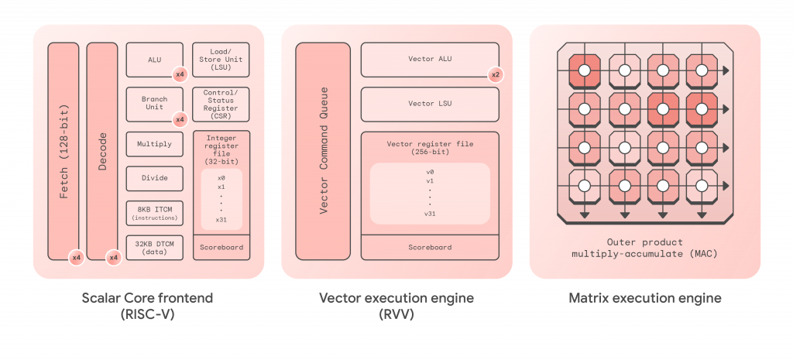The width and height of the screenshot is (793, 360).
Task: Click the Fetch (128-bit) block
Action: (64, 151)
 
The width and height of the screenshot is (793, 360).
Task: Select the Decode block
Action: (102, 151)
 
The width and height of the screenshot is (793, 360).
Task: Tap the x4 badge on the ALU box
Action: (180, 74)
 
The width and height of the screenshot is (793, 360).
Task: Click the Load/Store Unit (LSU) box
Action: (221, 60)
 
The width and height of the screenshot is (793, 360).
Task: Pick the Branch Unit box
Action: (154, 103)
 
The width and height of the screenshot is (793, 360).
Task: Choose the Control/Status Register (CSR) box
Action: (221, 104)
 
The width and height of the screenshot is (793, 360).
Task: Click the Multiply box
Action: (154, 144)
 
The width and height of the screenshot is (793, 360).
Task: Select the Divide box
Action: (154, 178)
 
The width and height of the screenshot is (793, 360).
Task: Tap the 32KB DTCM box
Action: (154, 247)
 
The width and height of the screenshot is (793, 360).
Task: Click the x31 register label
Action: (221, 220)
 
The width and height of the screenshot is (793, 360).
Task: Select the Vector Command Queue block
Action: (324, 151)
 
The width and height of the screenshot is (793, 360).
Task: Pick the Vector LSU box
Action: (430, 104)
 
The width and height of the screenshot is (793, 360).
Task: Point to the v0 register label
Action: (430, 172)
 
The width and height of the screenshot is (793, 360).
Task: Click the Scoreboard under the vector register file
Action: (430, 247)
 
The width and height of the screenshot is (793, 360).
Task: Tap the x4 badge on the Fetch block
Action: (76, 257)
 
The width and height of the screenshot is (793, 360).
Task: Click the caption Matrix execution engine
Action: (645, 298)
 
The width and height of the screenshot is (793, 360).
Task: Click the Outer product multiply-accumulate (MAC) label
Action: (644, 248)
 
